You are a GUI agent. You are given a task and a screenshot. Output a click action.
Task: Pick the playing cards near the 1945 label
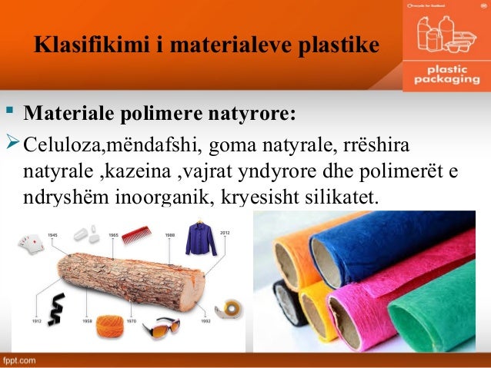34,246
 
